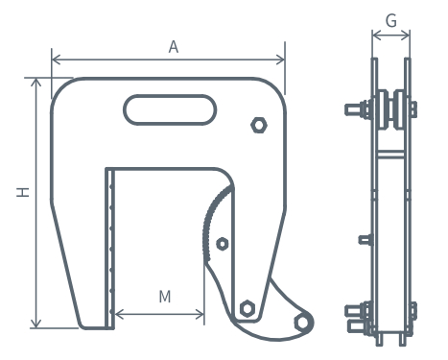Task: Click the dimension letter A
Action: (174, 47)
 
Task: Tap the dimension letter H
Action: (23, 192)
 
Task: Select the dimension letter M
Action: (165, 297)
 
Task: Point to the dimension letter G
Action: (391, 21)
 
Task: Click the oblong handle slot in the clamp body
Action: (170, 109)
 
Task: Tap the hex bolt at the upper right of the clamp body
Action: (259, 125)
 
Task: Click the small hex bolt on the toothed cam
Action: (222, 244)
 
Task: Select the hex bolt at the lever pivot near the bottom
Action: (248, 309)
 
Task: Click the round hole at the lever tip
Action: (301, 323)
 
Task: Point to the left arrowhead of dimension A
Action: (56, 60)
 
